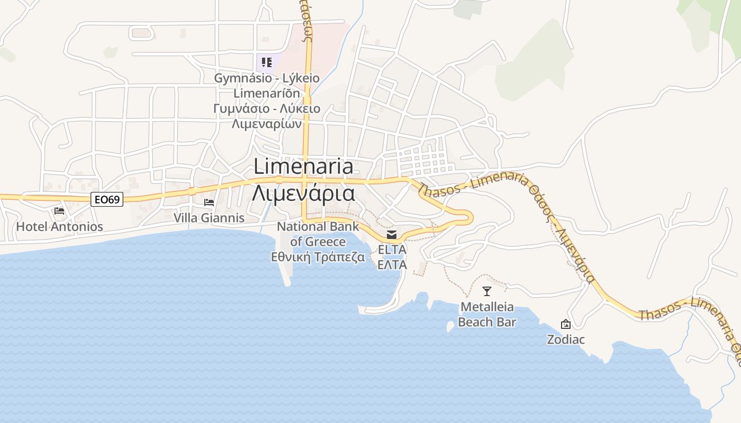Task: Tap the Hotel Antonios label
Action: click(x=59, y=227)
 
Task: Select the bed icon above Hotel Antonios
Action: click(x=59, y=211)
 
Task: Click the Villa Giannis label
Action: click(x=209, y=218)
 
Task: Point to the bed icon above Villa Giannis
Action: click(x=209, y=203)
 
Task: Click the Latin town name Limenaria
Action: click(x=303, y=167)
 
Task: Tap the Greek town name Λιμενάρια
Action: click(x=303, y=193)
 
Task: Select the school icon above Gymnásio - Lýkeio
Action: click(x=267, y=62)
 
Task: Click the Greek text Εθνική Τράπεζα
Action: click(x=318, y=258)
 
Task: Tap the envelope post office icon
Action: click(x=392, y=234)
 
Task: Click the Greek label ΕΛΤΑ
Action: click(x=392, y=265)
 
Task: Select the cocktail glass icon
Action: click(x=487, y=291)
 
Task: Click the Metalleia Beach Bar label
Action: click(x=487, y=315)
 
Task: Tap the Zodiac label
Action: click(x=566, y=339)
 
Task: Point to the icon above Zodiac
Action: click(x=566, y=324)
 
